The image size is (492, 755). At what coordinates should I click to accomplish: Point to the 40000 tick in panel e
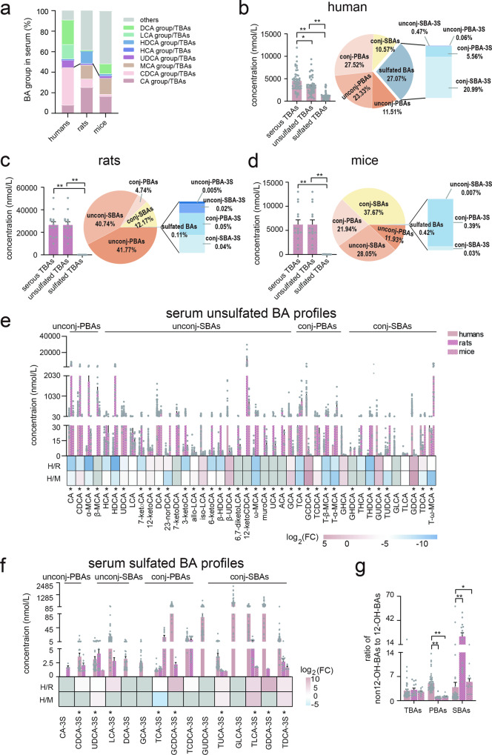pos(44,337)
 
